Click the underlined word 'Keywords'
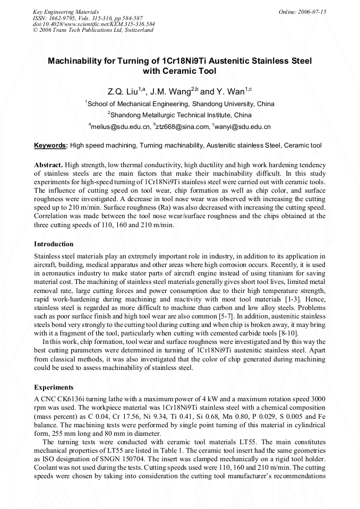[x=50, y=145]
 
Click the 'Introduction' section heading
[x=54, y=244]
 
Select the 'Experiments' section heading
[x=54, y=387]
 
